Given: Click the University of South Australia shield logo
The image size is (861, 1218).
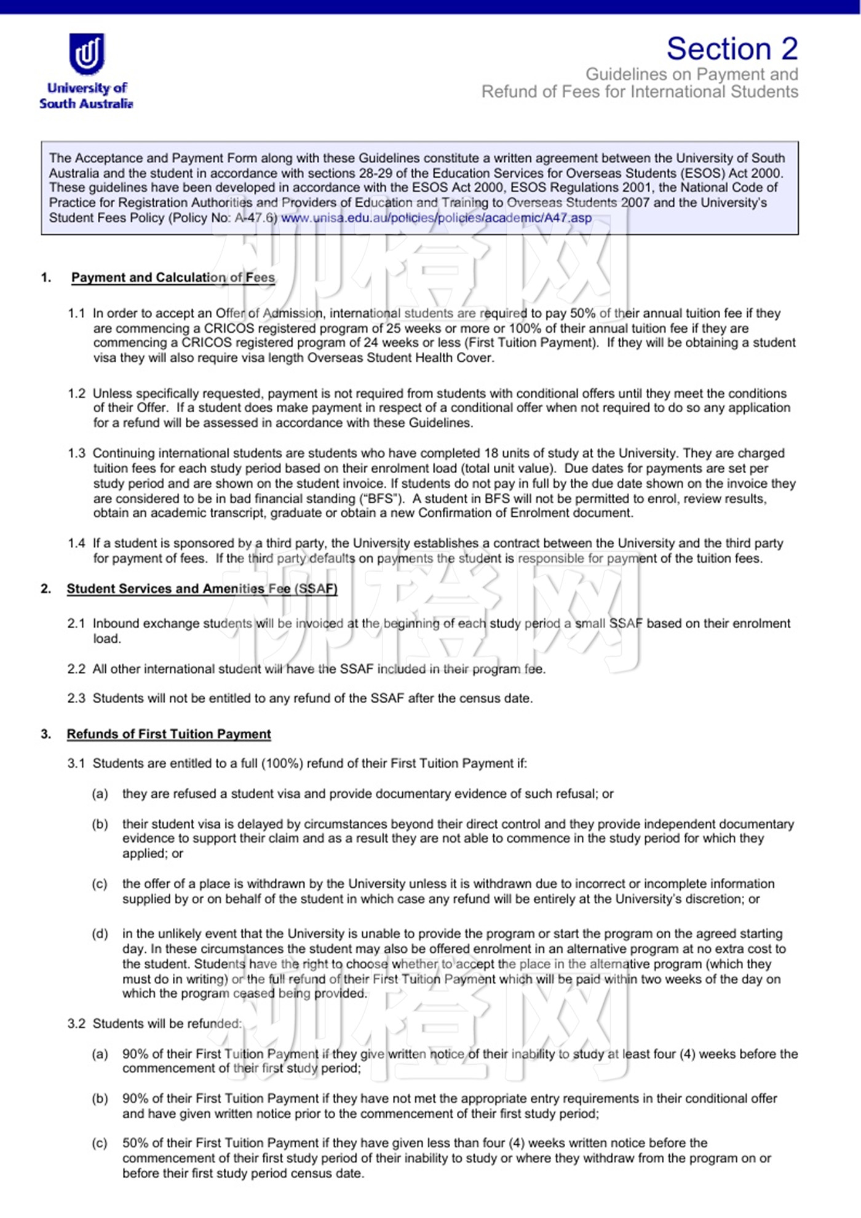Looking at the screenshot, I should [x=87, y=54].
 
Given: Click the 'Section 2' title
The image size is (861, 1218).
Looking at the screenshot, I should [x=732, y=49].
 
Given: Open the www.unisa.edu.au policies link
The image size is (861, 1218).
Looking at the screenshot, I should [x=436, y=218].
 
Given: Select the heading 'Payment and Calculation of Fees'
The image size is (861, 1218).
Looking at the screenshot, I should [x=173, y=277].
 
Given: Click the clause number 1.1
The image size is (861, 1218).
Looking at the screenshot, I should [x=76, y=313].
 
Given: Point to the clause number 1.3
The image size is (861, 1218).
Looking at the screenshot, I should [x=76, y=453].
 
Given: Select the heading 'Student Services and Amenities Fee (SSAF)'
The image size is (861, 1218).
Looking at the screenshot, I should [x=202, y=589].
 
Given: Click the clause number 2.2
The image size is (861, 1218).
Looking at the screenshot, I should [x=76, y=669].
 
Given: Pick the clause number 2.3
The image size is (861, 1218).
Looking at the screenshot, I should [x=76, y=698].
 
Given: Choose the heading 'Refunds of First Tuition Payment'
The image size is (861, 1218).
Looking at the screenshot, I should [x=169, y=734].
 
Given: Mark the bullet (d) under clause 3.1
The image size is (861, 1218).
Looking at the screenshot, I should [x=100, y=934].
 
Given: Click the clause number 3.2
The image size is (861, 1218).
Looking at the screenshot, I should [x=76, y=1024].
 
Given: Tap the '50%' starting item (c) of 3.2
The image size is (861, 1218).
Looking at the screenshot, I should [x=135, y=1143].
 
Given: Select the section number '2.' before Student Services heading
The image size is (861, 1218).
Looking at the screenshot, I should [x=46, y=589].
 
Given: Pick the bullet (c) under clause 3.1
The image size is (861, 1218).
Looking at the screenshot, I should [x=100, y=884].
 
